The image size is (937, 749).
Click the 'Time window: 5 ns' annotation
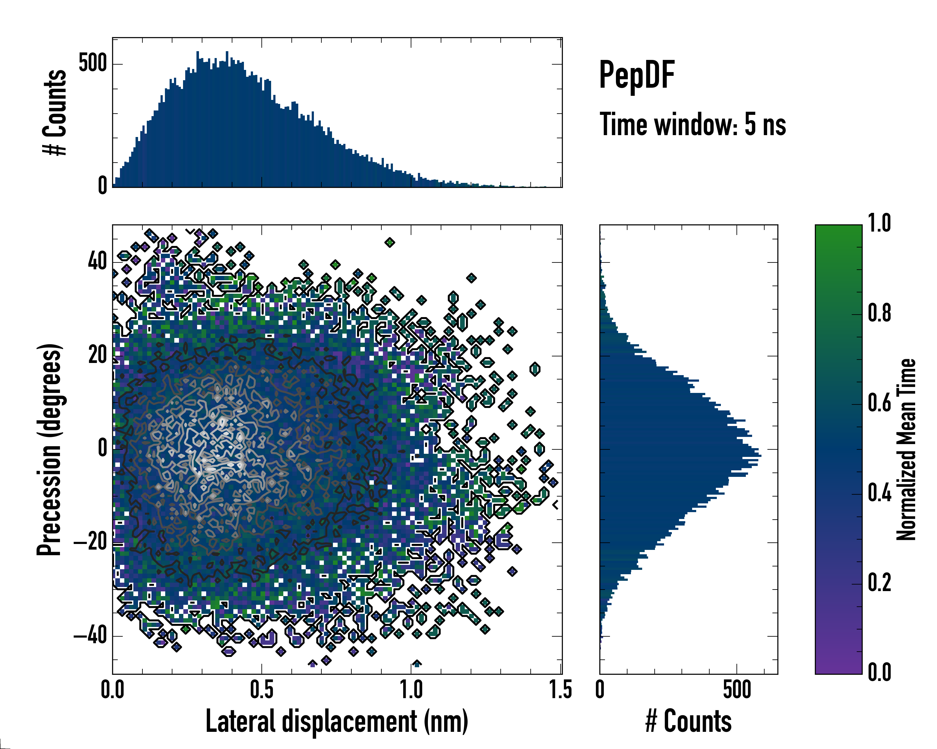(x=693, y=125)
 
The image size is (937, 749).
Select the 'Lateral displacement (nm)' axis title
(x=336, y=721)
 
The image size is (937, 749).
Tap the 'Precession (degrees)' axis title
(x=49, y=449)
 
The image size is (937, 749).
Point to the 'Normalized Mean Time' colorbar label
(x=906, y=449)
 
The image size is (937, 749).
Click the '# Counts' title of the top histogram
(x=55, y=112)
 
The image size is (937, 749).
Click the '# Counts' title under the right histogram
(x=688, y=721)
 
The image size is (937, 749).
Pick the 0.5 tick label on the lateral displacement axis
(x=262, y=689)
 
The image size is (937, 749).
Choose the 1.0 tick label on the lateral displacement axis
(x=411, y=689)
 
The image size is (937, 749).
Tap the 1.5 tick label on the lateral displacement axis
(x=560, y=689)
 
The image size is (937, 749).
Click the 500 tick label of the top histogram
(x=92, y=63)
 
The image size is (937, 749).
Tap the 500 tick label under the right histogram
(x=737, y=689)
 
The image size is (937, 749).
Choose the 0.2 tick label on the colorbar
(x=879, y=583)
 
